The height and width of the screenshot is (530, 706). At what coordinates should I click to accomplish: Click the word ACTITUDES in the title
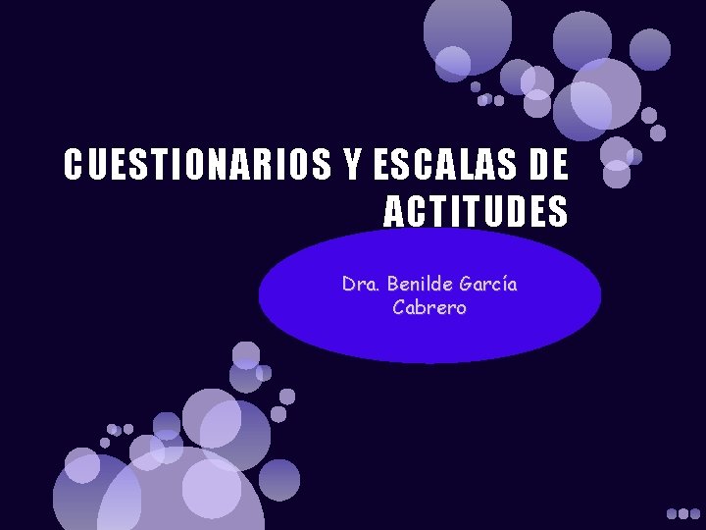(476, 211)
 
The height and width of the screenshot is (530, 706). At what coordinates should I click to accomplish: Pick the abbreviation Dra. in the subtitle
(361, 285)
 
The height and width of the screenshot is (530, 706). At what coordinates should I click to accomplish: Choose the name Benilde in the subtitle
(421, 285)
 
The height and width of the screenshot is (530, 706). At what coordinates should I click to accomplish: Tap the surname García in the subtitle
(489, 285)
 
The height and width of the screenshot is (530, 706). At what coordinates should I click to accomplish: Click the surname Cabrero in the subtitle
(429, 307)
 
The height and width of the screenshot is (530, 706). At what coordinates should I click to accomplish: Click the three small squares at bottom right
(682, 512)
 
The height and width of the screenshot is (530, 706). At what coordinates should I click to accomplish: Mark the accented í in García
(500, 285)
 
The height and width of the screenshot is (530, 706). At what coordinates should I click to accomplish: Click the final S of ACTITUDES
(559, 211)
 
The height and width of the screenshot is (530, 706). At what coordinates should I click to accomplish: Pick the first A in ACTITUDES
(392, 211)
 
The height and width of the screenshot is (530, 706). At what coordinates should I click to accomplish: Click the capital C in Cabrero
(399, 307)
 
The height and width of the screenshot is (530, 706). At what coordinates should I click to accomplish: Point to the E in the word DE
(559, 166)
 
